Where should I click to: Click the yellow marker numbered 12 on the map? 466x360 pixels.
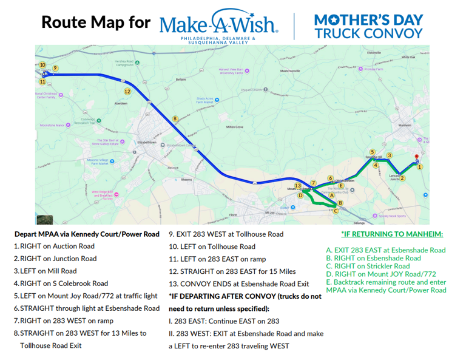point(127,92)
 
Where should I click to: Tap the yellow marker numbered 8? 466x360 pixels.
point(175,119)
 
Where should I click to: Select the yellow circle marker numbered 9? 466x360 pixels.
point(55,69)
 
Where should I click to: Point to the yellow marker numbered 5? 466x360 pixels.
point(373,152)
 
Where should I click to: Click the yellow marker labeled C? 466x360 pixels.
point(336,211)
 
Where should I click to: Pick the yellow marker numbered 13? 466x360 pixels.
point(297,186)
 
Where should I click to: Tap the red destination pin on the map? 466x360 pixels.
point(416,158)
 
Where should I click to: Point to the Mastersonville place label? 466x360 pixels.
point(290,71)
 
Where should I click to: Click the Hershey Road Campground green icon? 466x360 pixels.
point(138,63)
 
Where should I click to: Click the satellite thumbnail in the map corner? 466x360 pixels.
point(45,219)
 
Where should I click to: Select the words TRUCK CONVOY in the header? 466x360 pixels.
point(369,33)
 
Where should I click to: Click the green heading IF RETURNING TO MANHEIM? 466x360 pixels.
point(392,234)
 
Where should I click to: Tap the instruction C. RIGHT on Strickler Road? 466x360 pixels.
point(368,266)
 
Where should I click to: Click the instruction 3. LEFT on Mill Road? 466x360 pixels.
point(46,271)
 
